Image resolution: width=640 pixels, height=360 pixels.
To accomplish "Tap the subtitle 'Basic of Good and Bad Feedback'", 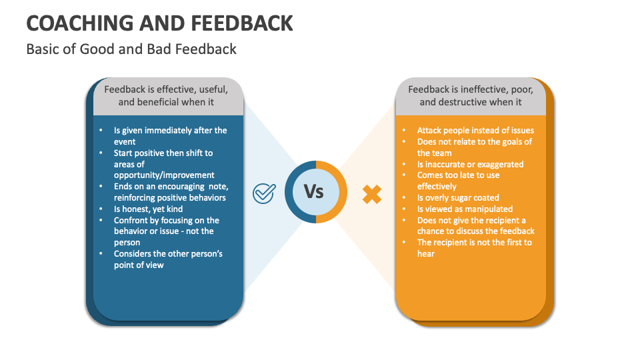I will pyautogui.click(x=131, y=49).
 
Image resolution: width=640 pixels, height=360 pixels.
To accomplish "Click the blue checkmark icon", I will pyautogui.click(x=265, y=193).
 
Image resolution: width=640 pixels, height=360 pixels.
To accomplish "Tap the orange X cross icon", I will pyautogui.click(x=372, y=194).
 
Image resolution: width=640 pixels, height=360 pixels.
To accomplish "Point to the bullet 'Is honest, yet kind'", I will pyautogui.click(x=148, y=209).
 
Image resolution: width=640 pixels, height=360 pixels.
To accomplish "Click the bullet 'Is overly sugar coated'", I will pyautogui.click(x=458, y=197).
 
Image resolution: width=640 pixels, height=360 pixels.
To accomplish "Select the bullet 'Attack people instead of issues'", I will pyautogui.click(x=475, y=130).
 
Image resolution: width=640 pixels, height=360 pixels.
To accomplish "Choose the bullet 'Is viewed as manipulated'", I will pyautogui.click(x=465, y=209).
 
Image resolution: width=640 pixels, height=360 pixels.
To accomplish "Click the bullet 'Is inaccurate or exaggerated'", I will pyautogui.click(x=470, y=164).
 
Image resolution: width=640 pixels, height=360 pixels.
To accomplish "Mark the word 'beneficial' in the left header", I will pyautogui.click(x=158, y=102).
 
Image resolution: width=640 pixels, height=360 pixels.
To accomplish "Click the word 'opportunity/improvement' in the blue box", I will pyautogui.click(x=164, y=175).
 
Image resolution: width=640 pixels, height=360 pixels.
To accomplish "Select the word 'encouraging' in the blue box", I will pyautogui.click(x=177, y=186).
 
